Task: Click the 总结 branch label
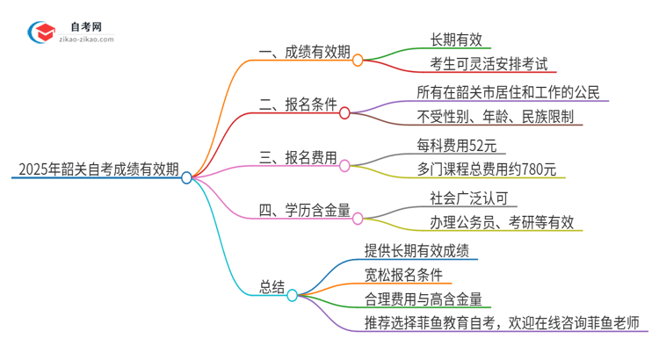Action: click(x=272, y=286)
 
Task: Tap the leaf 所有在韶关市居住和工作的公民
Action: click(x=511, y=92)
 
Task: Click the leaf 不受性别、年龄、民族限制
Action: click(x=499, y=116)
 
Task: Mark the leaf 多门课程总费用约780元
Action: click(x=486, y=169)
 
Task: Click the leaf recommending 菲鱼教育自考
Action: click(x=501, y=322)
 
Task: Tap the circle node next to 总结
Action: click(x=292, y=295)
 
